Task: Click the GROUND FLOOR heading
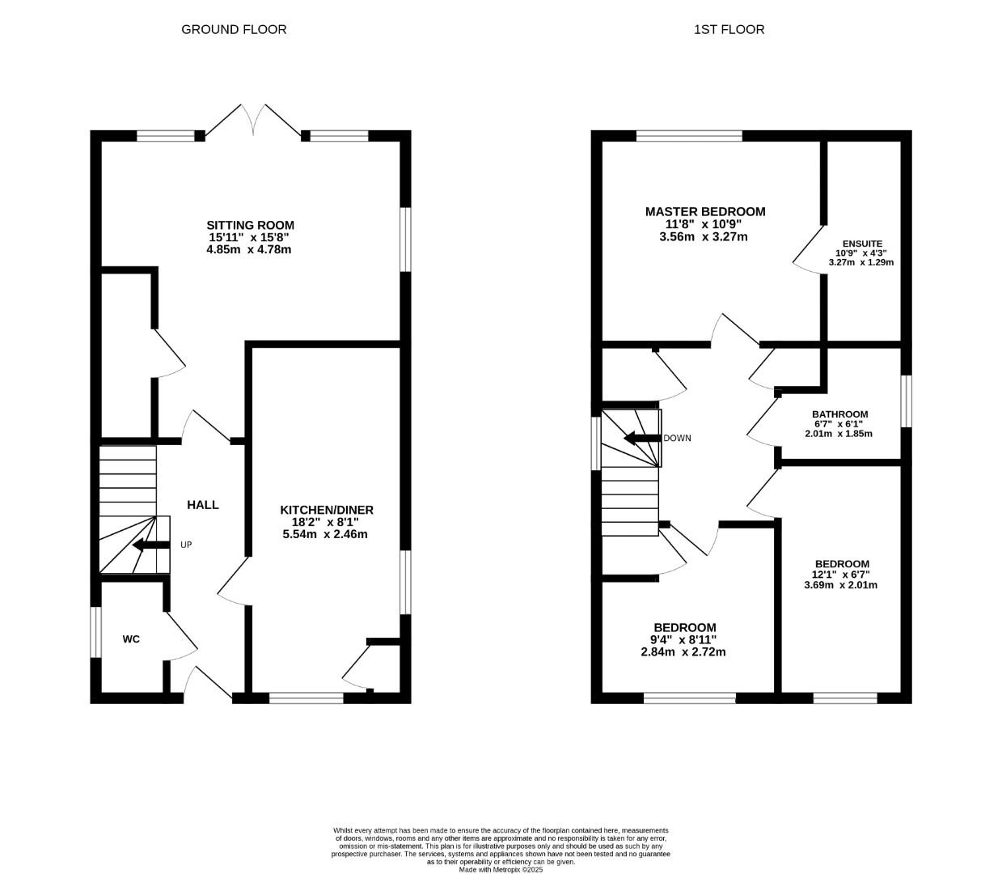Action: point(234,29)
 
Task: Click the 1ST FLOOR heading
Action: point(729,29)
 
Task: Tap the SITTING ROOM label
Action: point(250,225)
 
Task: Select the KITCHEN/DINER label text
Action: point(327,510)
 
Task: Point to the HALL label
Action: point(203,505)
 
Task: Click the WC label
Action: point(131,639)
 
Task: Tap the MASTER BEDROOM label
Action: point(704,212)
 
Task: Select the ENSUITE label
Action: point(862,244)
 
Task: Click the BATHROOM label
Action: point(839,414)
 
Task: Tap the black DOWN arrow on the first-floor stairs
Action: point(641,439)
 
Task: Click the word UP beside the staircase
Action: point(186,545)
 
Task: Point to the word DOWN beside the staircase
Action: point(677,439)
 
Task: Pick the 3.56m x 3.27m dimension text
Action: point(704,237)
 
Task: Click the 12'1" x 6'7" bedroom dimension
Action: point(842,575)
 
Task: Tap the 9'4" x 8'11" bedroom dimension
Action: point(685,639)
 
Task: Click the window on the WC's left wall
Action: point(95,631)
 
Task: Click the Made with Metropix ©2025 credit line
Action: point(501,870)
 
